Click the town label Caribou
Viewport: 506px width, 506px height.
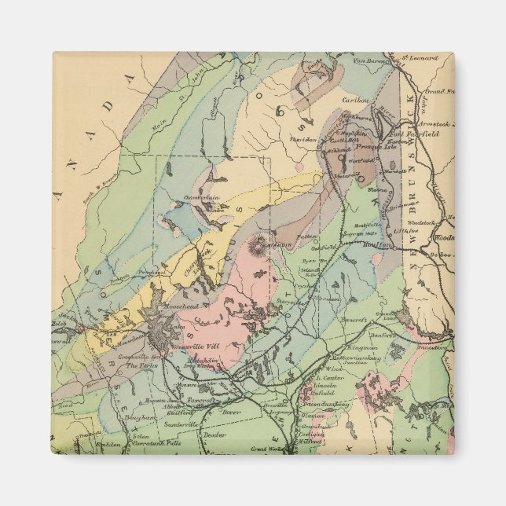[x=355, y=101]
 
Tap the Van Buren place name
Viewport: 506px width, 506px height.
[x=371, y=60]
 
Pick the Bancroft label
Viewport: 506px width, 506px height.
[x=354, y=321]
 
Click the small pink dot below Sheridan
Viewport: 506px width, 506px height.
[x=299, y=167]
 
